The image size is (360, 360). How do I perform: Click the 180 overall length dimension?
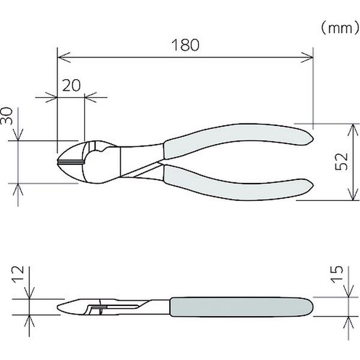185,45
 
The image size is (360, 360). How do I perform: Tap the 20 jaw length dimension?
71,85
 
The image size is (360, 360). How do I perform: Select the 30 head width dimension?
7,116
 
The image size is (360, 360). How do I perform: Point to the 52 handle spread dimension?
341,161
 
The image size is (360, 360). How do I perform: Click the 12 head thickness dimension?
18,274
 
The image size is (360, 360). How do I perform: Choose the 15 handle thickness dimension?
337,274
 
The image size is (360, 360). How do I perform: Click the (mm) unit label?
340,28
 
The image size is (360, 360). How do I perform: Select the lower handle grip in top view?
238,184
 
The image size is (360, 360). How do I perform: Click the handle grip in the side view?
241,307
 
